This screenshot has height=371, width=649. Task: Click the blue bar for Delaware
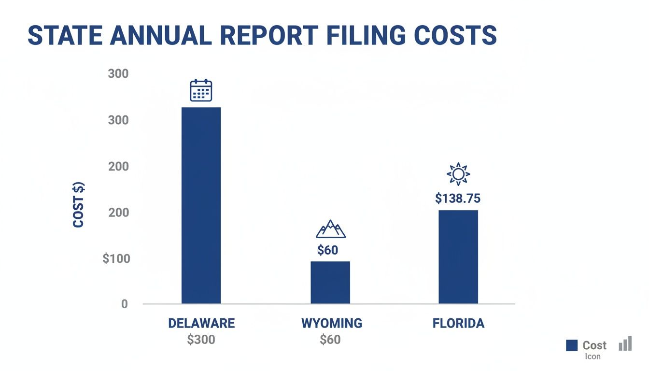pos(201,205)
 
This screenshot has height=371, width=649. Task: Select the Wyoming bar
pos(330,282)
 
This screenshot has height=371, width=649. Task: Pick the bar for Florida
pos(458,257)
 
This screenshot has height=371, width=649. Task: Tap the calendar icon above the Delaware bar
pos(201,90)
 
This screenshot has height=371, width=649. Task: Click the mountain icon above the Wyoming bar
pos(331,229)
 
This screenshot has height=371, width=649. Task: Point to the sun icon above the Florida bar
pos(458,174)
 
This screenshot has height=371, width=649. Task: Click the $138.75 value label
pos(458,198)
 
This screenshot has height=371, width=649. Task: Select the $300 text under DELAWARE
pos(201,340)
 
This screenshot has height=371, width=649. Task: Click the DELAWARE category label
pos(201,323)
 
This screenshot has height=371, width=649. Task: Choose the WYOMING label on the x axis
pos(332,323)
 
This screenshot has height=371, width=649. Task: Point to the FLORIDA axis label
pos(458,323)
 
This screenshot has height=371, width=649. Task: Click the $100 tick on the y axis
pos(116,258)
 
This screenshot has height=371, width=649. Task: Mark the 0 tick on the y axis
pos(125,304)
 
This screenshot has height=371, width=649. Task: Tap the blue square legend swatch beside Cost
pos(572,345)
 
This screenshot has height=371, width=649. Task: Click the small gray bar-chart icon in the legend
pos(625,343)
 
